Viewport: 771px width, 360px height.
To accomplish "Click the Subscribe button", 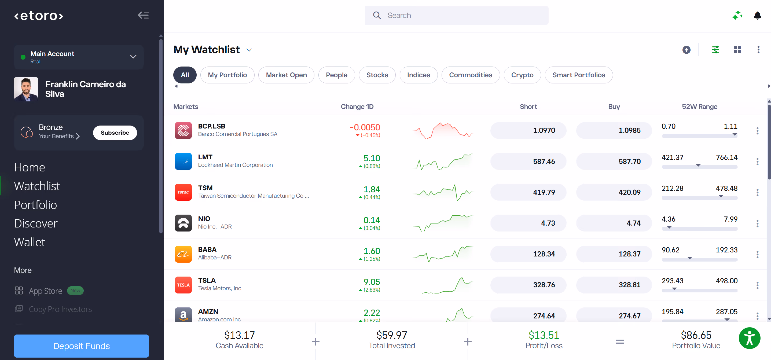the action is pyautogui.click(x=115, y=133).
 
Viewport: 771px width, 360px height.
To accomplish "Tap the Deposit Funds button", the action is pyautogui.click(x=81, y=346).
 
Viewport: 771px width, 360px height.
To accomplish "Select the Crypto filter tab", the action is pyautogui.click(x=522, y=75).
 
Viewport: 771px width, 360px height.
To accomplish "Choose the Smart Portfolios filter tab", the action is pyautogui.click(x=579, y=75).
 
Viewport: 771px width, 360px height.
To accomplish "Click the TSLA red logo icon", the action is pyautogui.click(x=183, y=285).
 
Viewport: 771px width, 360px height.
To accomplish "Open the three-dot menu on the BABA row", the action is pyautogui.click(x=757, y=254).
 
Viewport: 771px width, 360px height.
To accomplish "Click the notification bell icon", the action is pyautogui.click(x=757, y=15).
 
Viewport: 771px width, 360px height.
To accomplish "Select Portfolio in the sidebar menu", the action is pyautogui.click(x=35, y=205).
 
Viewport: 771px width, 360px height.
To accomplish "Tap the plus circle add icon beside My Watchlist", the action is pyautogui.click(x=686, y=50).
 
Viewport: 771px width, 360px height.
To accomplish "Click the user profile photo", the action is pyautogui.click(x=26, y=89).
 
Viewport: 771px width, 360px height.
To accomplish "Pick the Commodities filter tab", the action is pyautogui.click(x=471, y=75).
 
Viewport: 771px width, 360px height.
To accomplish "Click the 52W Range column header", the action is pyautogui.click(x=699, y=106).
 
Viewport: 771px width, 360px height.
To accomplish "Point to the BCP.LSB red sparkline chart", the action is pyautogui.click(x=442, y=131).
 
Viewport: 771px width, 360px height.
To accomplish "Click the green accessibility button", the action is pyautogui.click(x=750, y=339).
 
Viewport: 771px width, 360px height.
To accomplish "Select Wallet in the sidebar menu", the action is pyautogui.click(x=30, y=242).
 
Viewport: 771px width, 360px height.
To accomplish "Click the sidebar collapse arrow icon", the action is pyautogui.click(x=143, y=15).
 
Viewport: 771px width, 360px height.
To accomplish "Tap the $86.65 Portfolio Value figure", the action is pyautogui.click(x=696, y=335).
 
